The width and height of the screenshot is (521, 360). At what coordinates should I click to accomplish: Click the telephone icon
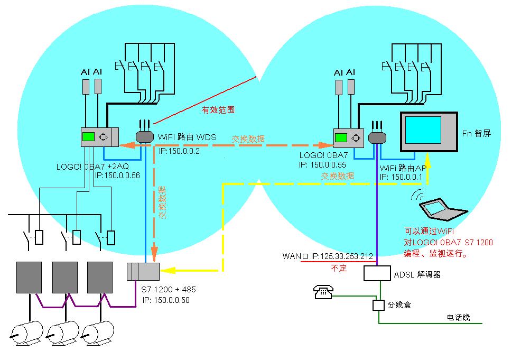[x=322, y=292]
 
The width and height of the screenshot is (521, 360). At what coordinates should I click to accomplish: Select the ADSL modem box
[x=377, y=273]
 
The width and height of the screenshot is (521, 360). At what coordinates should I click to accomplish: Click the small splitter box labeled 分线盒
[x=378, y=306]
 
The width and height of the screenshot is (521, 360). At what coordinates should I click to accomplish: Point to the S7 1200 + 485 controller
[x=143, y=271]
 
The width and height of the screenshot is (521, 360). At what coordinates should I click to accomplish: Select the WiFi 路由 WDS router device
[x=145, y=137]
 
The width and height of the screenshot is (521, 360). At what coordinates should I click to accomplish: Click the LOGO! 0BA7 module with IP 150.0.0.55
[x=348, y=138]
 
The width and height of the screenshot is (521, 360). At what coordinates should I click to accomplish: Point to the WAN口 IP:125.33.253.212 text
[x=328, y=256]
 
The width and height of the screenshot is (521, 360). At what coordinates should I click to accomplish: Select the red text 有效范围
[x=218, y=110]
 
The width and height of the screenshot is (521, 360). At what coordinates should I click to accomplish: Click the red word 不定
[x=339, y=268]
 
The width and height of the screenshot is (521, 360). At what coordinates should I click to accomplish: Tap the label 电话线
[x=458, y=318]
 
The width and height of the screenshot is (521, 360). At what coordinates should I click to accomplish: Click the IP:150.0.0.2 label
[x=180, y=151]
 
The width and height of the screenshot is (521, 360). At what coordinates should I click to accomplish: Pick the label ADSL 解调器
[x=417, y=274]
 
